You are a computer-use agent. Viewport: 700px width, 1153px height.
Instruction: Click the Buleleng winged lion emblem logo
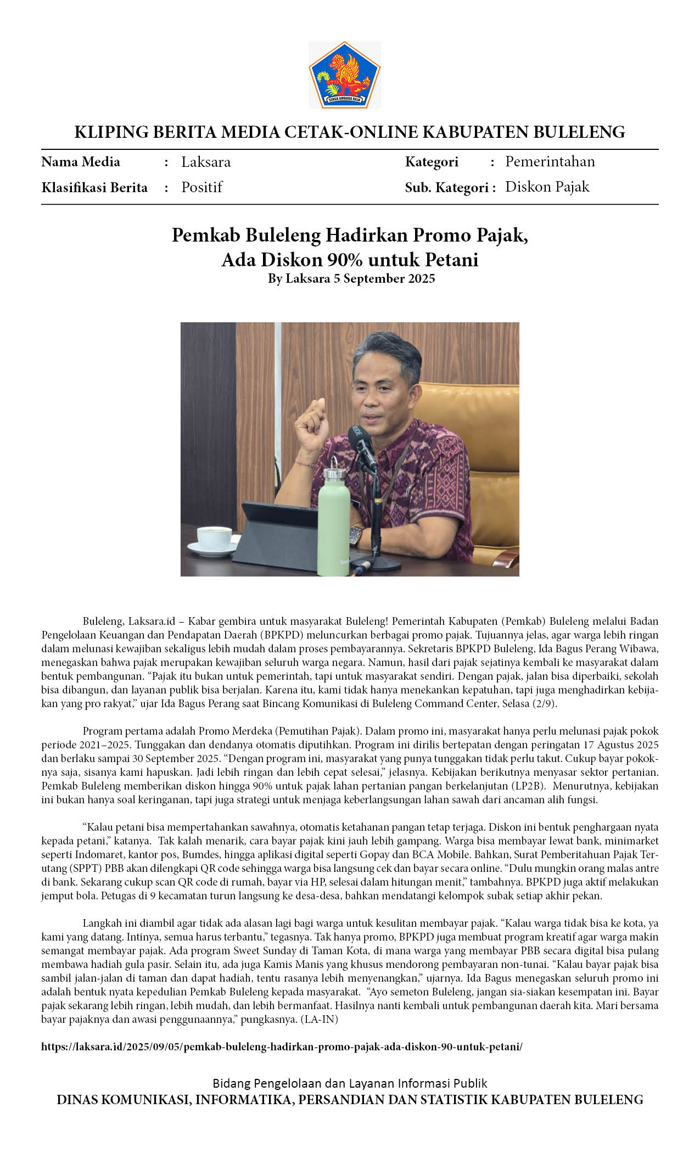click(345, 75)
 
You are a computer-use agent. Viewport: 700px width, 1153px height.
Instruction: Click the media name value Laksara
click(206, 162)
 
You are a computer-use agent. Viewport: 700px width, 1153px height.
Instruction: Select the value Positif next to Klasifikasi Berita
click(202, 187)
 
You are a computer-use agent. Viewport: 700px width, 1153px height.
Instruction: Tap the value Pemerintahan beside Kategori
click(550, 161)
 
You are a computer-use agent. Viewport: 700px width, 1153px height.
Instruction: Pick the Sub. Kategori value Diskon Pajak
click(547, 187)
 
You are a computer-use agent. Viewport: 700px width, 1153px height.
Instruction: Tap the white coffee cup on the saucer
click(214, 538)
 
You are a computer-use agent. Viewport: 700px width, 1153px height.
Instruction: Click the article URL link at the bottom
click(282, 1046)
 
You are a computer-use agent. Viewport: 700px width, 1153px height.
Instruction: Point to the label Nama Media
click(81, 162)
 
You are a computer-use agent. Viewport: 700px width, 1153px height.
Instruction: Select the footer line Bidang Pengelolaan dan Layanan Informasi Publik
click(350, 1083)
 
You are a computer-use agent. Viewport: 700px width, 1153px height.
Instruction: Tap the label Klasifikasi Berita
click(94, 188)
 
